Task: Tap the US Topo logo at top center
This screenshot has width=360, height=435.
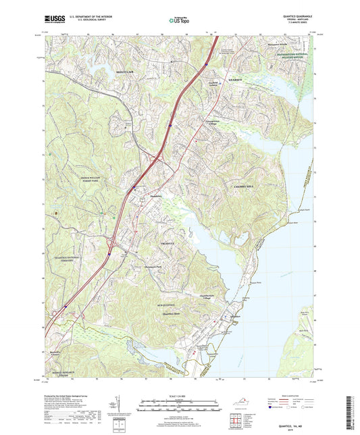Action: (x=175, y=22)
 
